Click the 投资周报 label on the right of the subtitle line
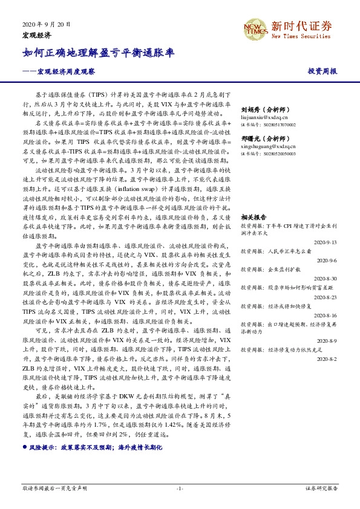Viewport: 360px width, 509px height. [322, 71]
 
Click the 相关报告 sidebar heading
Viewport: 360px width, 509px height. [254, 217]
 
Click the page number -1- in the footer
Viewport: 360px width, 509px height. [180, 488]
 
